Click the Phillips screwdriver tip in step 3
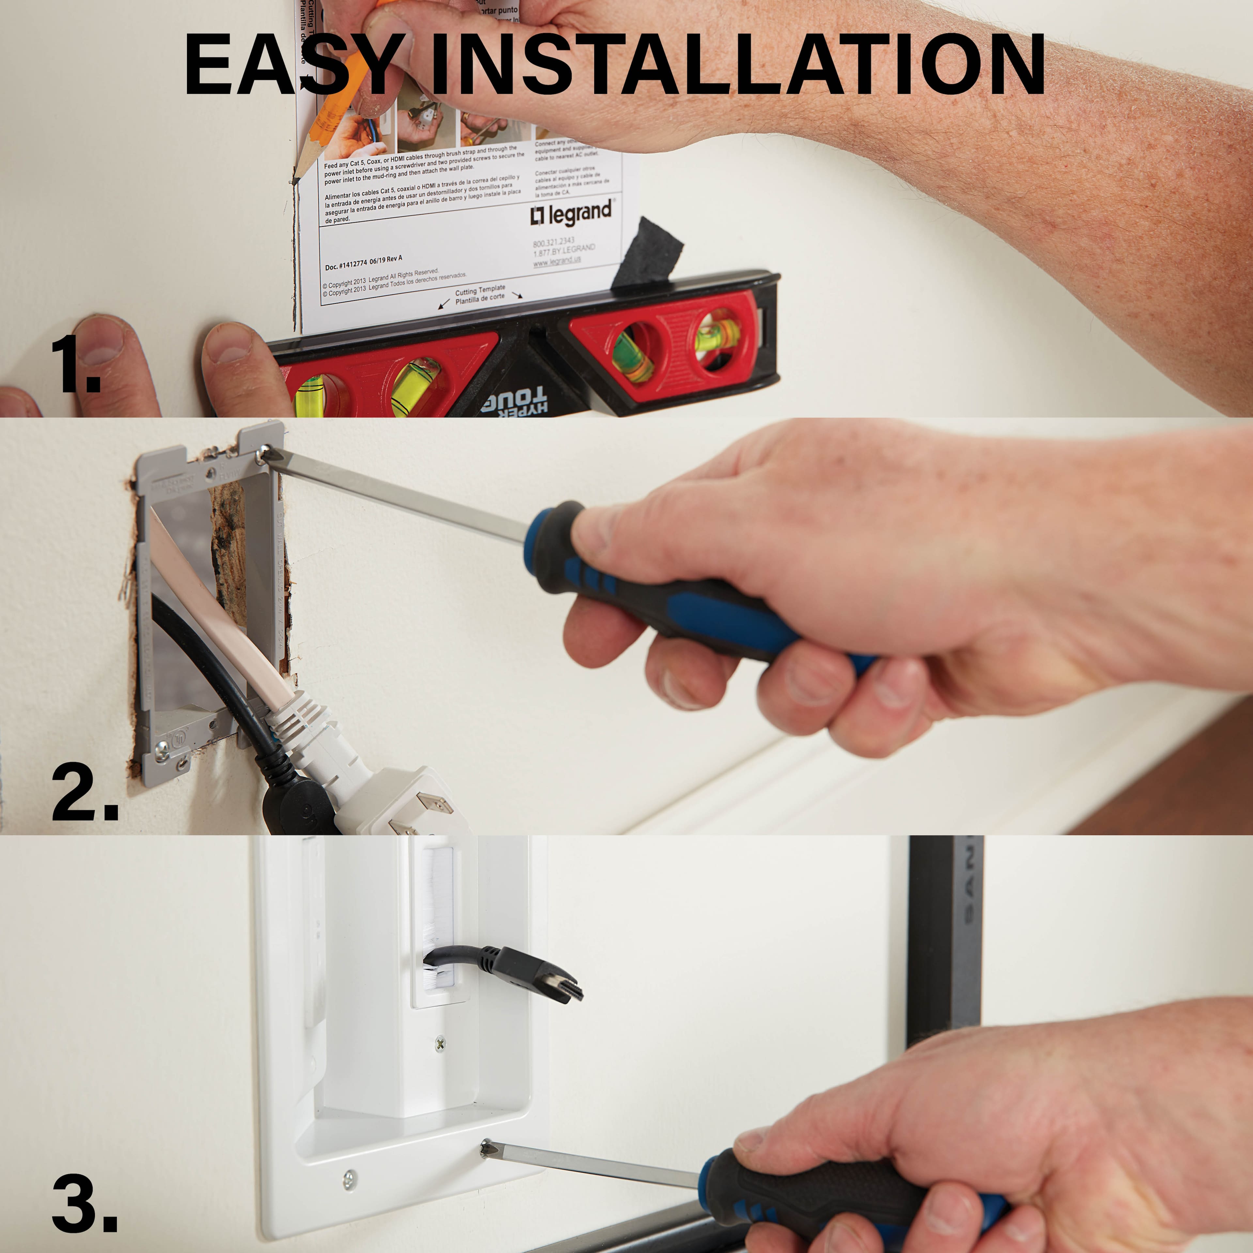[x=485, y=1149]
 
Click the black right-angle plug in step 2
[x=298, y=804]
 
